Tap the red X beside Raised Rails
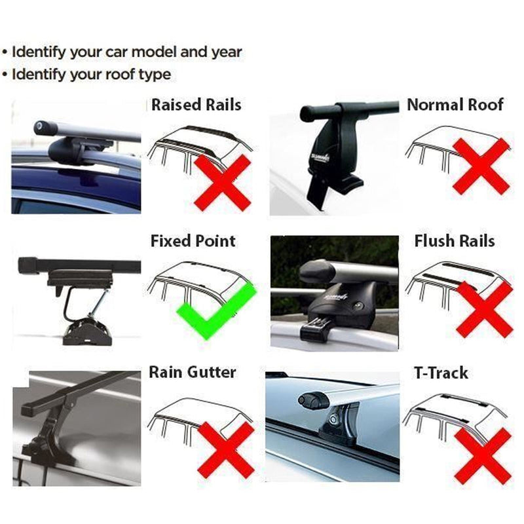(x=222, y=182)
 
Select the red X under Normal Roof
(x=481, y=166)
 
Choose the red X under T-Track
(x=483, y=455)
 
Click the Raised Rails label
(x=196, y=105)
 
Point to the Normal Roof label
(x=455, y=105)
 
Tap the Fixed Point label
(x=193, y=241)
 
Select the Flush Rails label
(x=455, y=241)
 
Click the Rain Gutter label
(x=192, y=373)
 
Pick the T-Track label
(x=441, y=373)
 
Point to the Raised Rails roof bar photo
(x=76, y=157)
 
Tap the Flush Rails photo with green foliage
(x=334, y=291)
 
